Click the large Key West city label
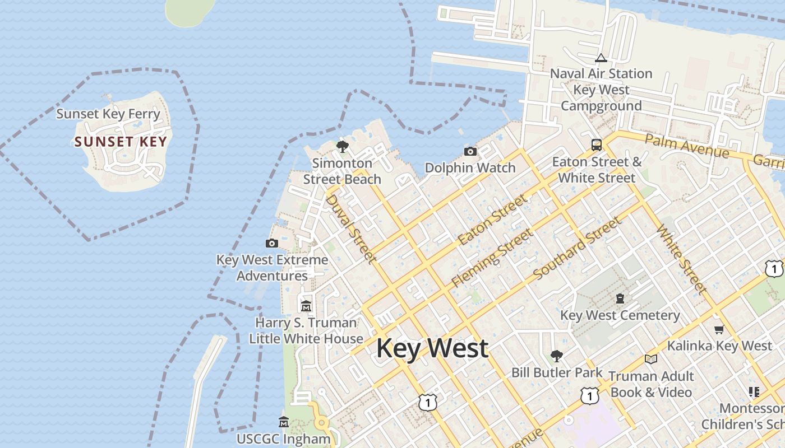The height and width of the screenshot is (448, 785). (432, 348)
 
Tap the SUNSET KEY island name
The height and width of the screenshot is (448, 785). (121, 142)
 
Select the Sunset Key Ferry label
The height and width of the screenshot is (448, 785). (108, 114)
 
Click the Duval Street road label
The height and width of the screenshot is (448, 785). (350, 228)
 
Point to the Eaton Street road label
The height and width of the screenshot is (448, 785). (493, 220)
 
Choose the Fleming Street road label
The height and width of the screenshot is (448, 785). (492, 258)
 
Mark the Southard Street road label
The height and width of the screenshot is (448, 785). (578, 248)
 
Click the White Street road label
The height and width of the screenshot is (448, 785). (681, 259)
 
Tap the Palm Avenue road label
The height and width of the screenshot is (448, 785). (687, 146)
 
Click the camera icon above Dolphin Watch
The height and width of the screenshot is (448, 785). (470, 151)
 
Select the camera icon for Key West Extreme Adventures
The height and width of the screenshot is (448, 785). (272, 243)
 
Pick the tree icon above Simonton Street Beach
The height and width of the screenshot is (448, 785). (342, 147)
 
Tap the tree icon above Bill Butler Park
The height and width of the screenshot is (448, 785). (556, 356)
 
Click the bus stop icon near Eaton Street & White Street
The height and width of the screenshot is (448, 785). (597, 145)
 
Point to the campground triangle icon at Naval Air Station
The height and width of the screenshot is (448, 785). (601, 58)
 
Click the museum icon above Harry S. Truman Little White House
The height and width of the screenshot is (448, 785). (306, 306)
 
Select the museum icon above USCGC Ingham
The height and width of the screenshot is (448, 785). (284, 422)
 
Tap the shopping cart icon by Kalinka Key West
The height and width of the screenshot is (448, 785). (719, 329)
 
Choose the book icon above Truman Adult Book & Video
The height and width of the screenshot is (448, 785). (650, 359)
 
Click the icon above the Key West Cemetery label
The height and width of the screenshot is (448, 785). (620, 298)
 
